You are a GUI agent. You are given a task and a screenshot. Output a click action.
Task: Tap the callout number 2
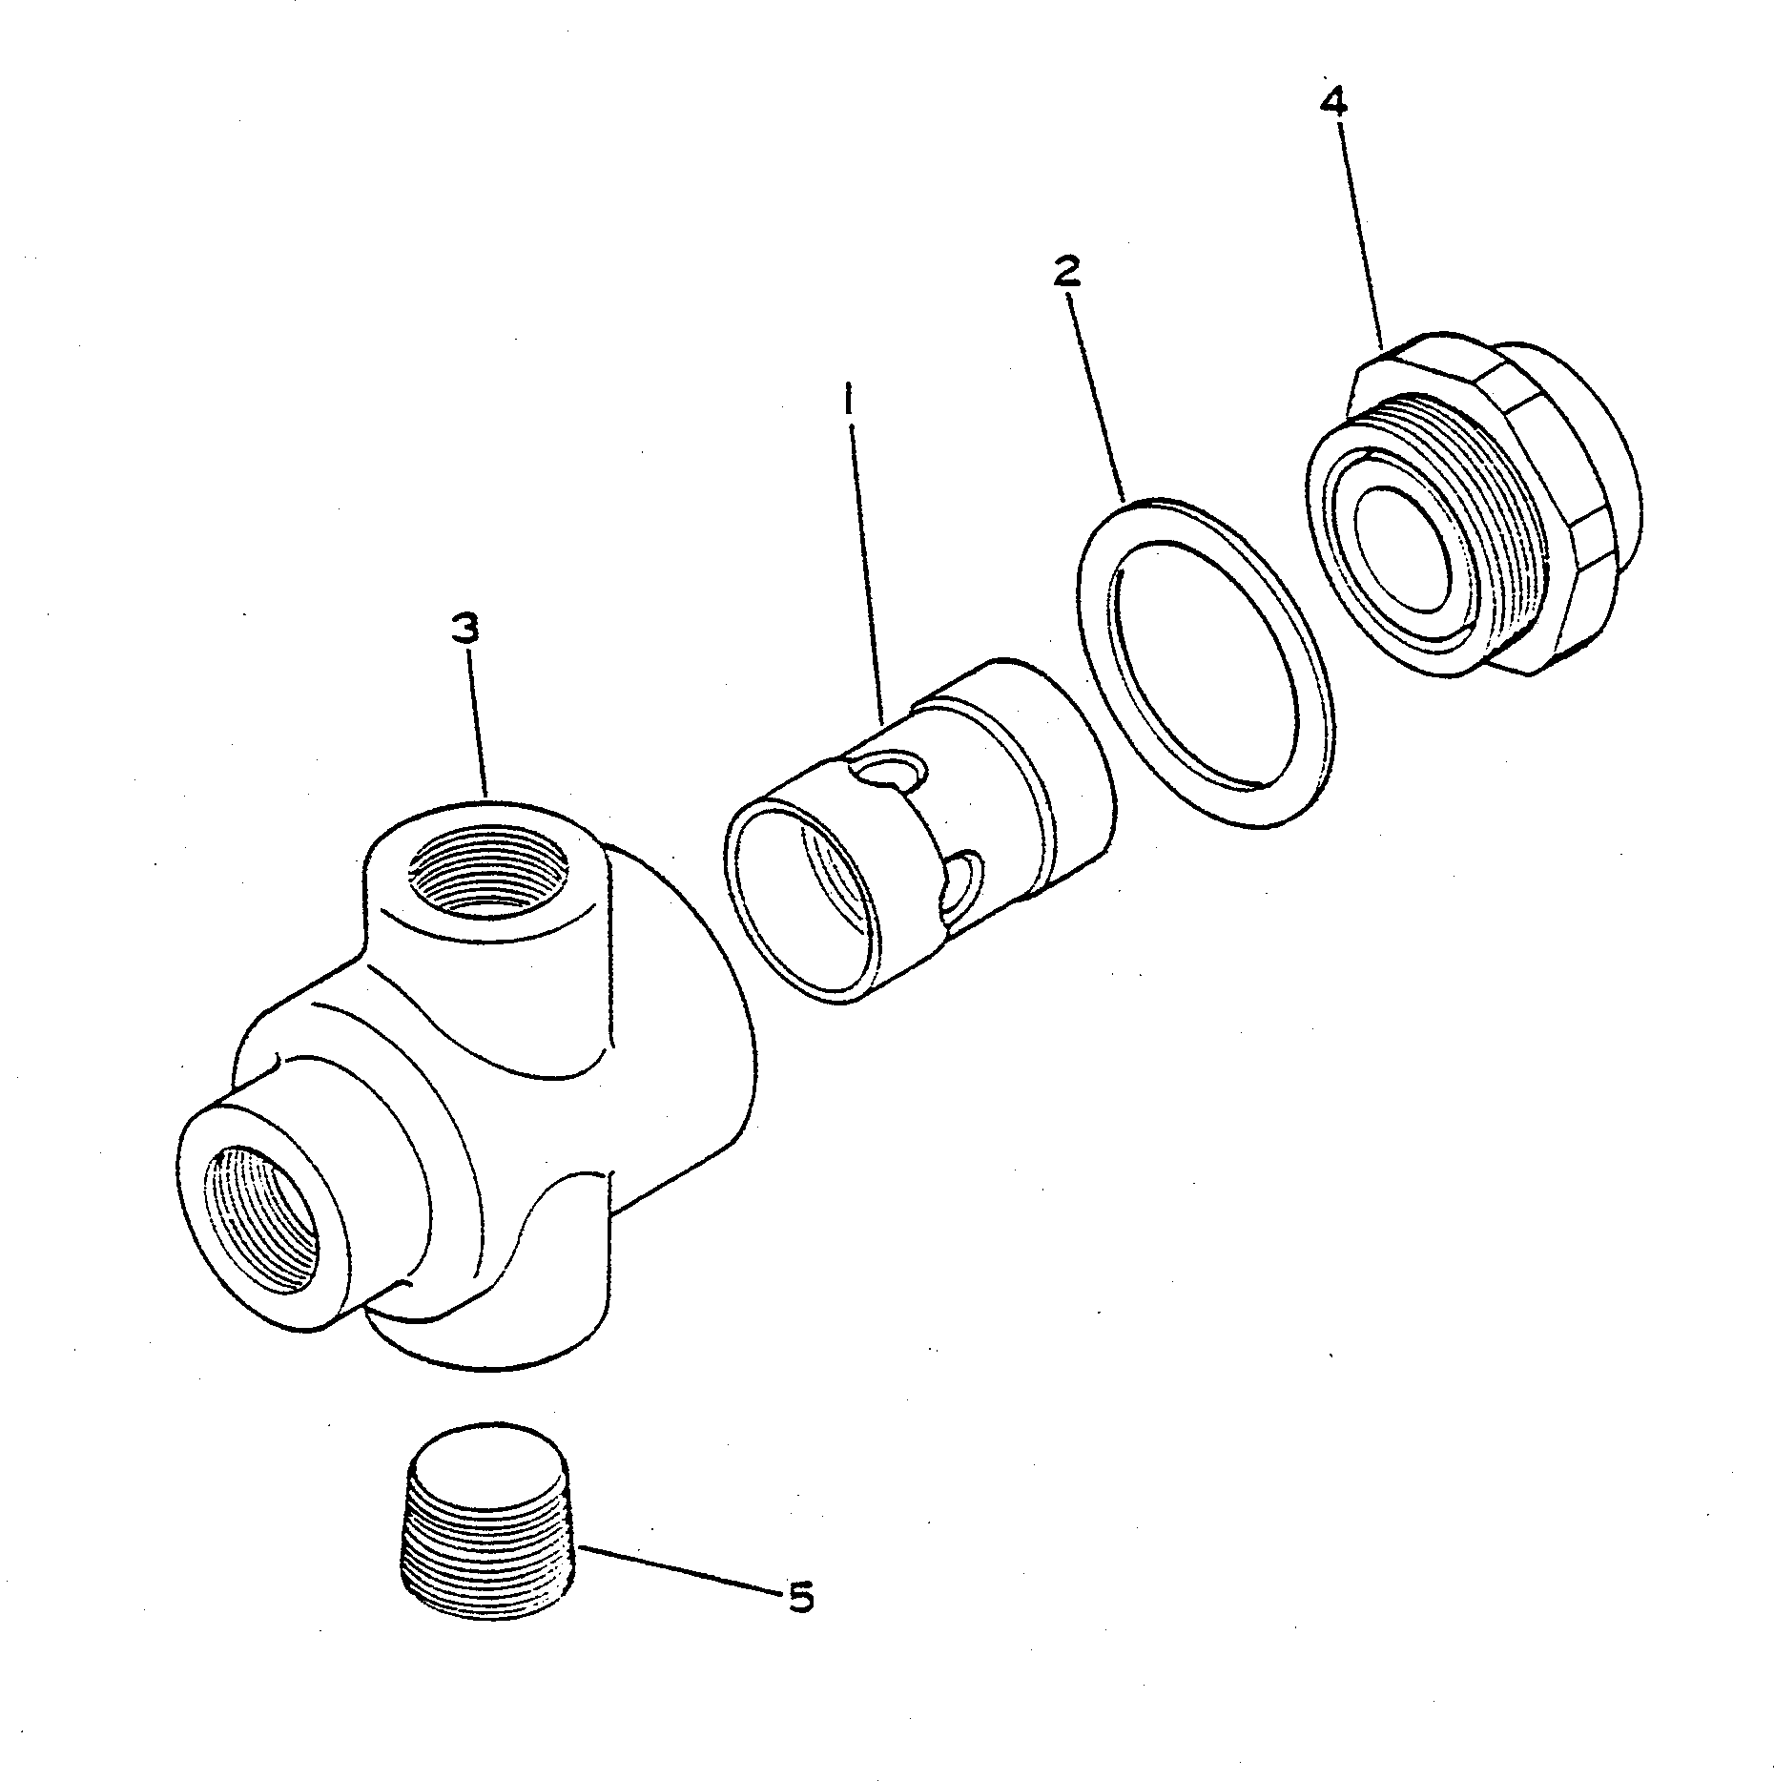pyautogui.click(x=1066, y=272)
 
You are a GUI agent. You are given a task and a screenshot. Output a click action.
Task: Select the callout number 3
pyautogui.click(x=464, y=630)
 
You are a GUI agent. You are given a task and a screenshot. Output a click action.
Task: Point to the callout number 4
pyautogui.click(x=1333, y=101)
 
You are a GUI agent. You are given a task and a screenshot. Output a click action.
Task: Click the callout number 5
pyautogui.click(x=800, y=1597)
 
